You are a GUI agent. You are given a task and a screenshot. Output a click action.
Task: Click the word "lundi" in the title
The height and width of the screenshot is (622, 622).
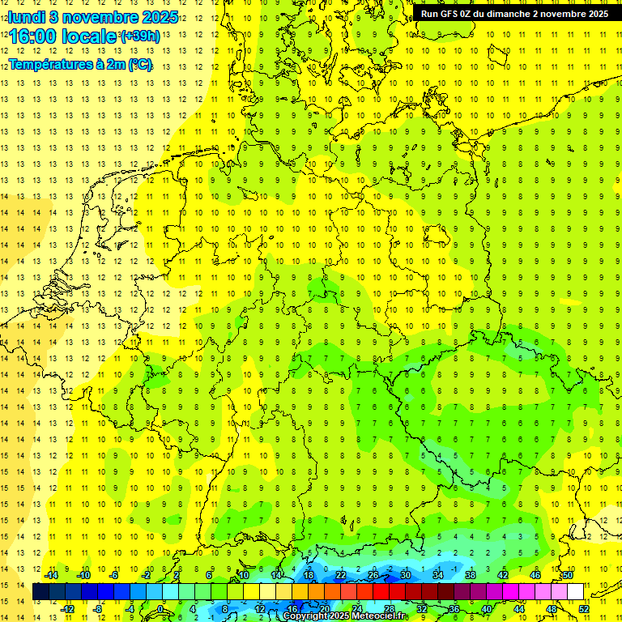[x=27, y=17]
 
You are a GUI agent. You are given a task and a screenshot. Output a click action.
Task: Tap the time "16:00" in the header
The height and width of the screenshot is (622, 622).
[x=37, y=36]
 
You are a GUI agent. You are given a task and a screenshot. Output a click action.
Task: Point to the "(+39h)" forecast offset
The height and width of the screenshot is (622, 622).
[x=139, y=36]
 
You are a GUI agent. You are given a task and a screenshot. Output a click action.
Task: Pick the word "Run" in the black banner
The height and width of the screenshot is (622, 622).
[x=429, y=14]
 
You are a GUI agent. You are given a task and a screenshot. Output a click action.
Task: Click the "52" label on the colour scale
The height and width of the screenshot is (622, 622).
[x=584, y=609]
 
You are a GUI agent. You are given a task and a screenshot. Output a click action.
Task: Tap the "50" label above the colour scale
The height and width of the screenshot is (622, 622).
[x=568, y=575]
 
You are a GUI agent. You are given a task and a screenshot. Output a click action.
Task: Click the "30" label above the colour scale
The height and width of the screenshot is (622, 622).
[x=406, y=575]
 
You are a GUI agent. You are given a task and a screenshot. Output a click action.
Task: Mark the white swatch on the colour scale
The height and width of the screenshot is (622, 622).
[x=575, y=592]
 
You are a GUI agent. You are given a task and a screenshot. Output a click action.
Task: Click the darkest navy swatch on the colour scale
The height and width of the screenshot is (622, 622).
[x=40, y=592]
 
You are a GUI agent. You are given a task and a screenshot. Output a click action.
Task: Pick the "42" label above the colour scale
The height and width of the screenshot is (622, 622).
[x=503, y=575]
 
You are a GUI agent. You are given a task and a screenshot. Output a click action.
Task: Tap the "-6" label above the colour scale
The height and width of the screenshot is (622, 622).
[x=115, y=575]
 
